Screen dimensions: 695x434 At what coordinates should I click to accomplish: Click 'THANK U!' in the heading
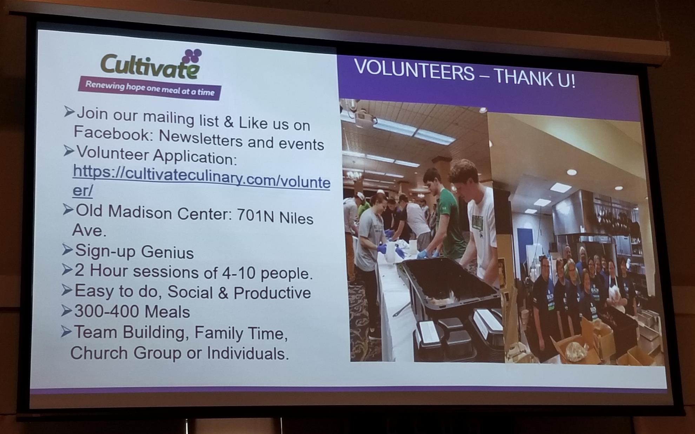pos(535,78)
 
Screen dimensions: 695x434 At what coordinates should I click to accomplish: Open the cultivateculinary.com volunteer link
pos(201,180)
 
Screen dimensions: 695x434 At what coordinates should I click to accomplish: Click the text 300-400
pos(105,311)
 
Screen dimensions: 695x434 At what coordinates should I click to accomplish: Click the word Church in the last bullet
pos(99,352)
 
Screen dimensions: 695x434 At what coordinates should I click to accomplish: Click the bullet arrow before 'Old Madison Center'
pos(68,210)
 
